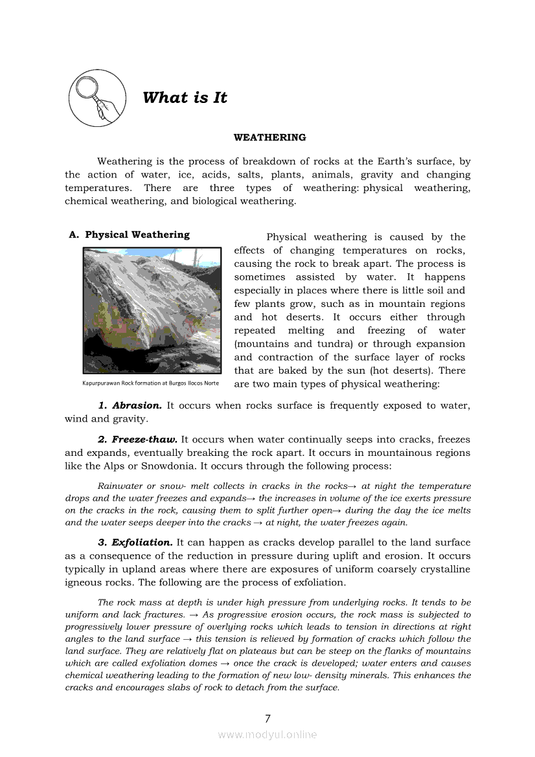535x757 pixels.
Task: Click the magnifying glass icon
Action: (x=97, y=99)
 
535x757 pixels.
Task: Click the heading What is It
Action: (x=185, y=98)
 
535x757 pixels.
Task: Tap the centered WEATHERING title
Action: (x=269, y=137)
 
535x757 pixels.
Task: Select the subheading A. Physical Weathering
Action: (x=130, y=235)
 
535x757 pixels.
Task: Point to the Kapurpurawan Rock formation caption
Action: (x=150, y=383)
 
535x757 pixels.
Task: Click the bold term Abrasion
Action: (x=137, y=405)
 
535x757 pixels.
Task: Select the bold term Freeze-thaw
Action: (x=144, y=439)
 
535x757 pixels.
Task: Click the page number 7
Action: (x=267, y=718)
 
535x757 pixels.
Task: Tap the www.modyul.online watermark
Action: (x=267, y=734)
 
